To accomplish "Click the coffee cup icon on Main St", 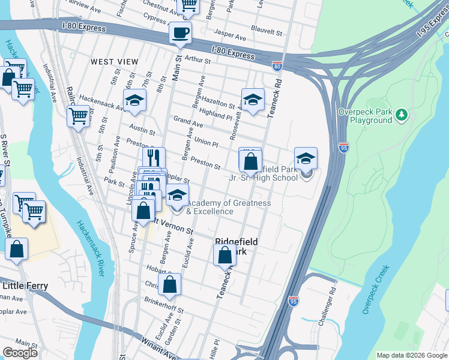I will click(x=180, y=33).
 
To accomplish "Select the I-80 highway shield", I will click(x=277, y=67).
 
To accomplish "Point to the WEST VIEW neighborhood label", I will click(x=114, y=62).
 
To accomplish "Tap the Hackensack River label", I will click(x=91, y=245).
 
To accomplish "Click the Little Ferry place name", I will click(x=25, y=286).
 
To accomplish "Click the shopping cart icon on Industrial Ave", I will click(x=78, y=115).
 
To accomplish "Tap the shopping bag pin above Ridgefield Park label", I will click(x=224, y=255).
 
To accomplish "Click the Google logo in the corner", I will click(x=20, y=352).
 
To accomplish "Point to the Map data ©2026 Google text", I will click(x=411, y=355).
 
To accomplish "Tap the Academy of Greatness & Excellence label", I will click(x=228, y=207).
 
